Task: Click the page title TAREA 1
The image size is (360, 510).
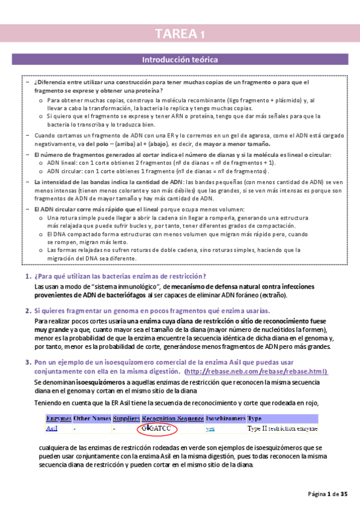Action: [180, 34]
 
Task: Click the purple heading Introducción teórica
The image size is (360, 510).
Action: [180, 60]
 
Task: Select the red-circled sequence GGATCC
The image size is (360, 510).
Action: [154, 429]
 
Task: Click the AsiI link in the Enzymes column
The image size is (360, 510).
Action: [52, 429]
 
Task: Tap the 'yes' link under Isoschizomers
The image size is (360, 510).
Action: [210, 429]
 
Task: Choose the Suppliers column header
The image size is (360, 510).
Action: [125, 418]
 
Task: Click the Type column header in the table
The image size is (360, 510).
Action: [254, 418]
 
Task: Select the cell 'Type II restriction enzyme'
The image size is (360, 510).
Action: [282, 429]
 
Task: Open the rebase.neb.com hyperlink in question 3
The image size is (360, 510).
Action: [257, 372]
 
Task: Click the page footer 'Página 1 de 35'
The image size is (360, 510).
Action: [328, 494]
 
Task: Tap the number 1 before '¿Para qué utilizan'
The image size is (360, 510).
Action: [28, 276]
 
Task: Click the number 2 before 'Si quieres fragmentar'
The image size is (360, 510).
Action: [28, 311]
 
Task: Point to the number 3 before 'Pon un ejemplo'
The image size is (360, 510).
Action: [28, 363]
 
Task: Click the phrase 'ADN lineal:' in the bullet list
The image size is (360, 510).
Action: [63, 162]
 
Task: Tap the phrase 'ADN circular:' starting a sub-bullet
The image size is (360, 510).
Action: [65, 171]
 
